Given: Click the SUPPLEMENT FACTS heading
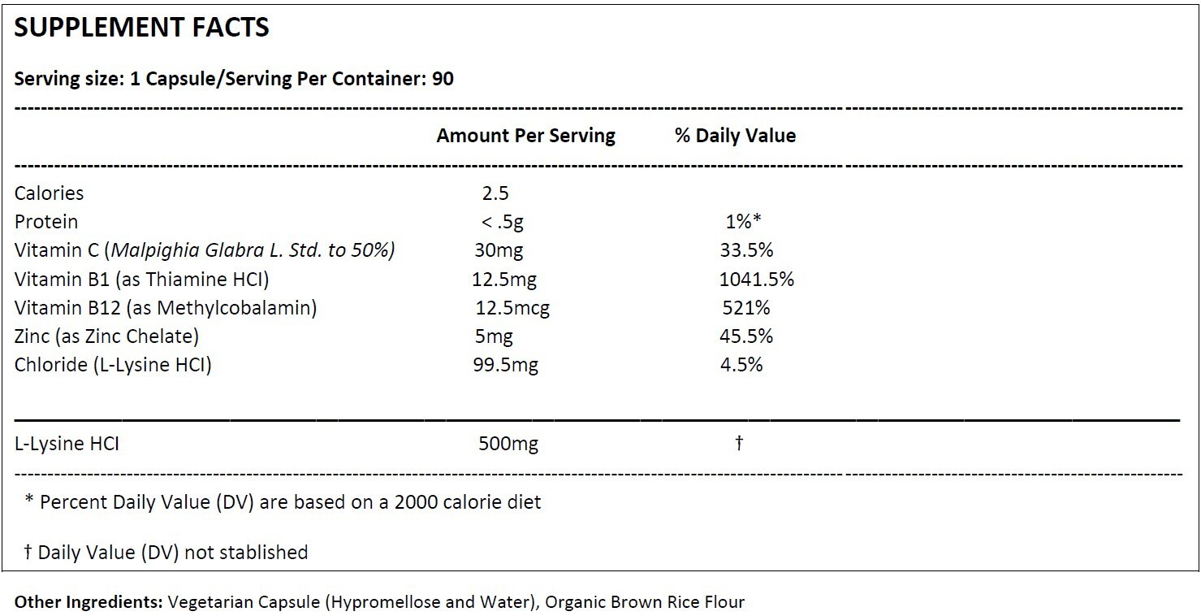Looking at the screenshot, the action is coord(141,28).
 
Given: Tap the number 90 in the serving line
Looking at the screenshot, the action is coord(443,79).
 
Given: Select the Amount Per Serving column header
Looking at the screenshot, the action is coord(525,136).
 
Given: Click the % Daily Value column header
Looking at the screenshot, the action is coord(735,135).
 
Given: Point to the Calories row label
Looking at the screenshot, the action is coord(49,193).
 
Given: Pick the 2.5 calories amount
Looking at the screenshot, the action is coord(495,193).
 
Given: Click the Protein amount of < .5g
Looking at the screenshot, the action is coord(503,222).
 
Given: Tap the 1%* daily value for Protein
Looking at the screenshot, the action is coord(743,221).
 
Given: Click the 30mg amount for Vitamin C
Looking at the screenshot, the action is coord(499,250).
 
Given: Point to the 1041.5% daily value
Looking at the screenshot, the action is coord(757,279).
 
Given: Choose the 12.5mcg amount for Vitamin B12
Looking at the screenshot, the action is coord(512,308).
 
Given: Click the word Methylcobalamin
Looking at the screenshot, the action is coord(233,308).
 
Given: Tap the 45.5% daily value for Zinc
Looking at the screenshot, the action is coord(746,336).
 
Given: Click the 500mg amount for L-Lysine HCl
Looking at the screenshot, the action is coord(508,444).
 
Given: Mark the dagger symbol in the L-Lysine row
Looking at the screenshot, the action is coord(739,443).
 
